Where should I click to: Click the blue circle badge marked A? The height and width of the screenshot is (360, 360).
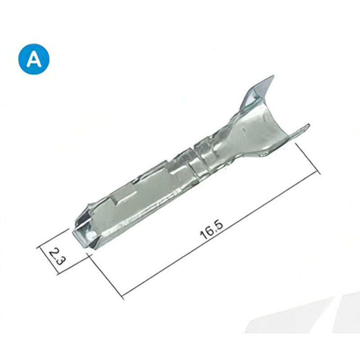point(34,59)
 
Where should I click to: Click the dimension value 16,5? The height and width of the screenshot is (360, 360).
point(211,230)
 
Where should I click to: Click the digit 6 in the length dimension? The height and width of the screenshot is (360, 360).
point(209,232)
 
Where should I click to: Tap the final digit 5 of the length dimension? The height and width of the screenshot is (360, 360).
point(219,226)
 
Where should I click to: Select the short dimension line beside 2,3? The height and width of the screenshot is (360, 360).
point(49,261)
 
